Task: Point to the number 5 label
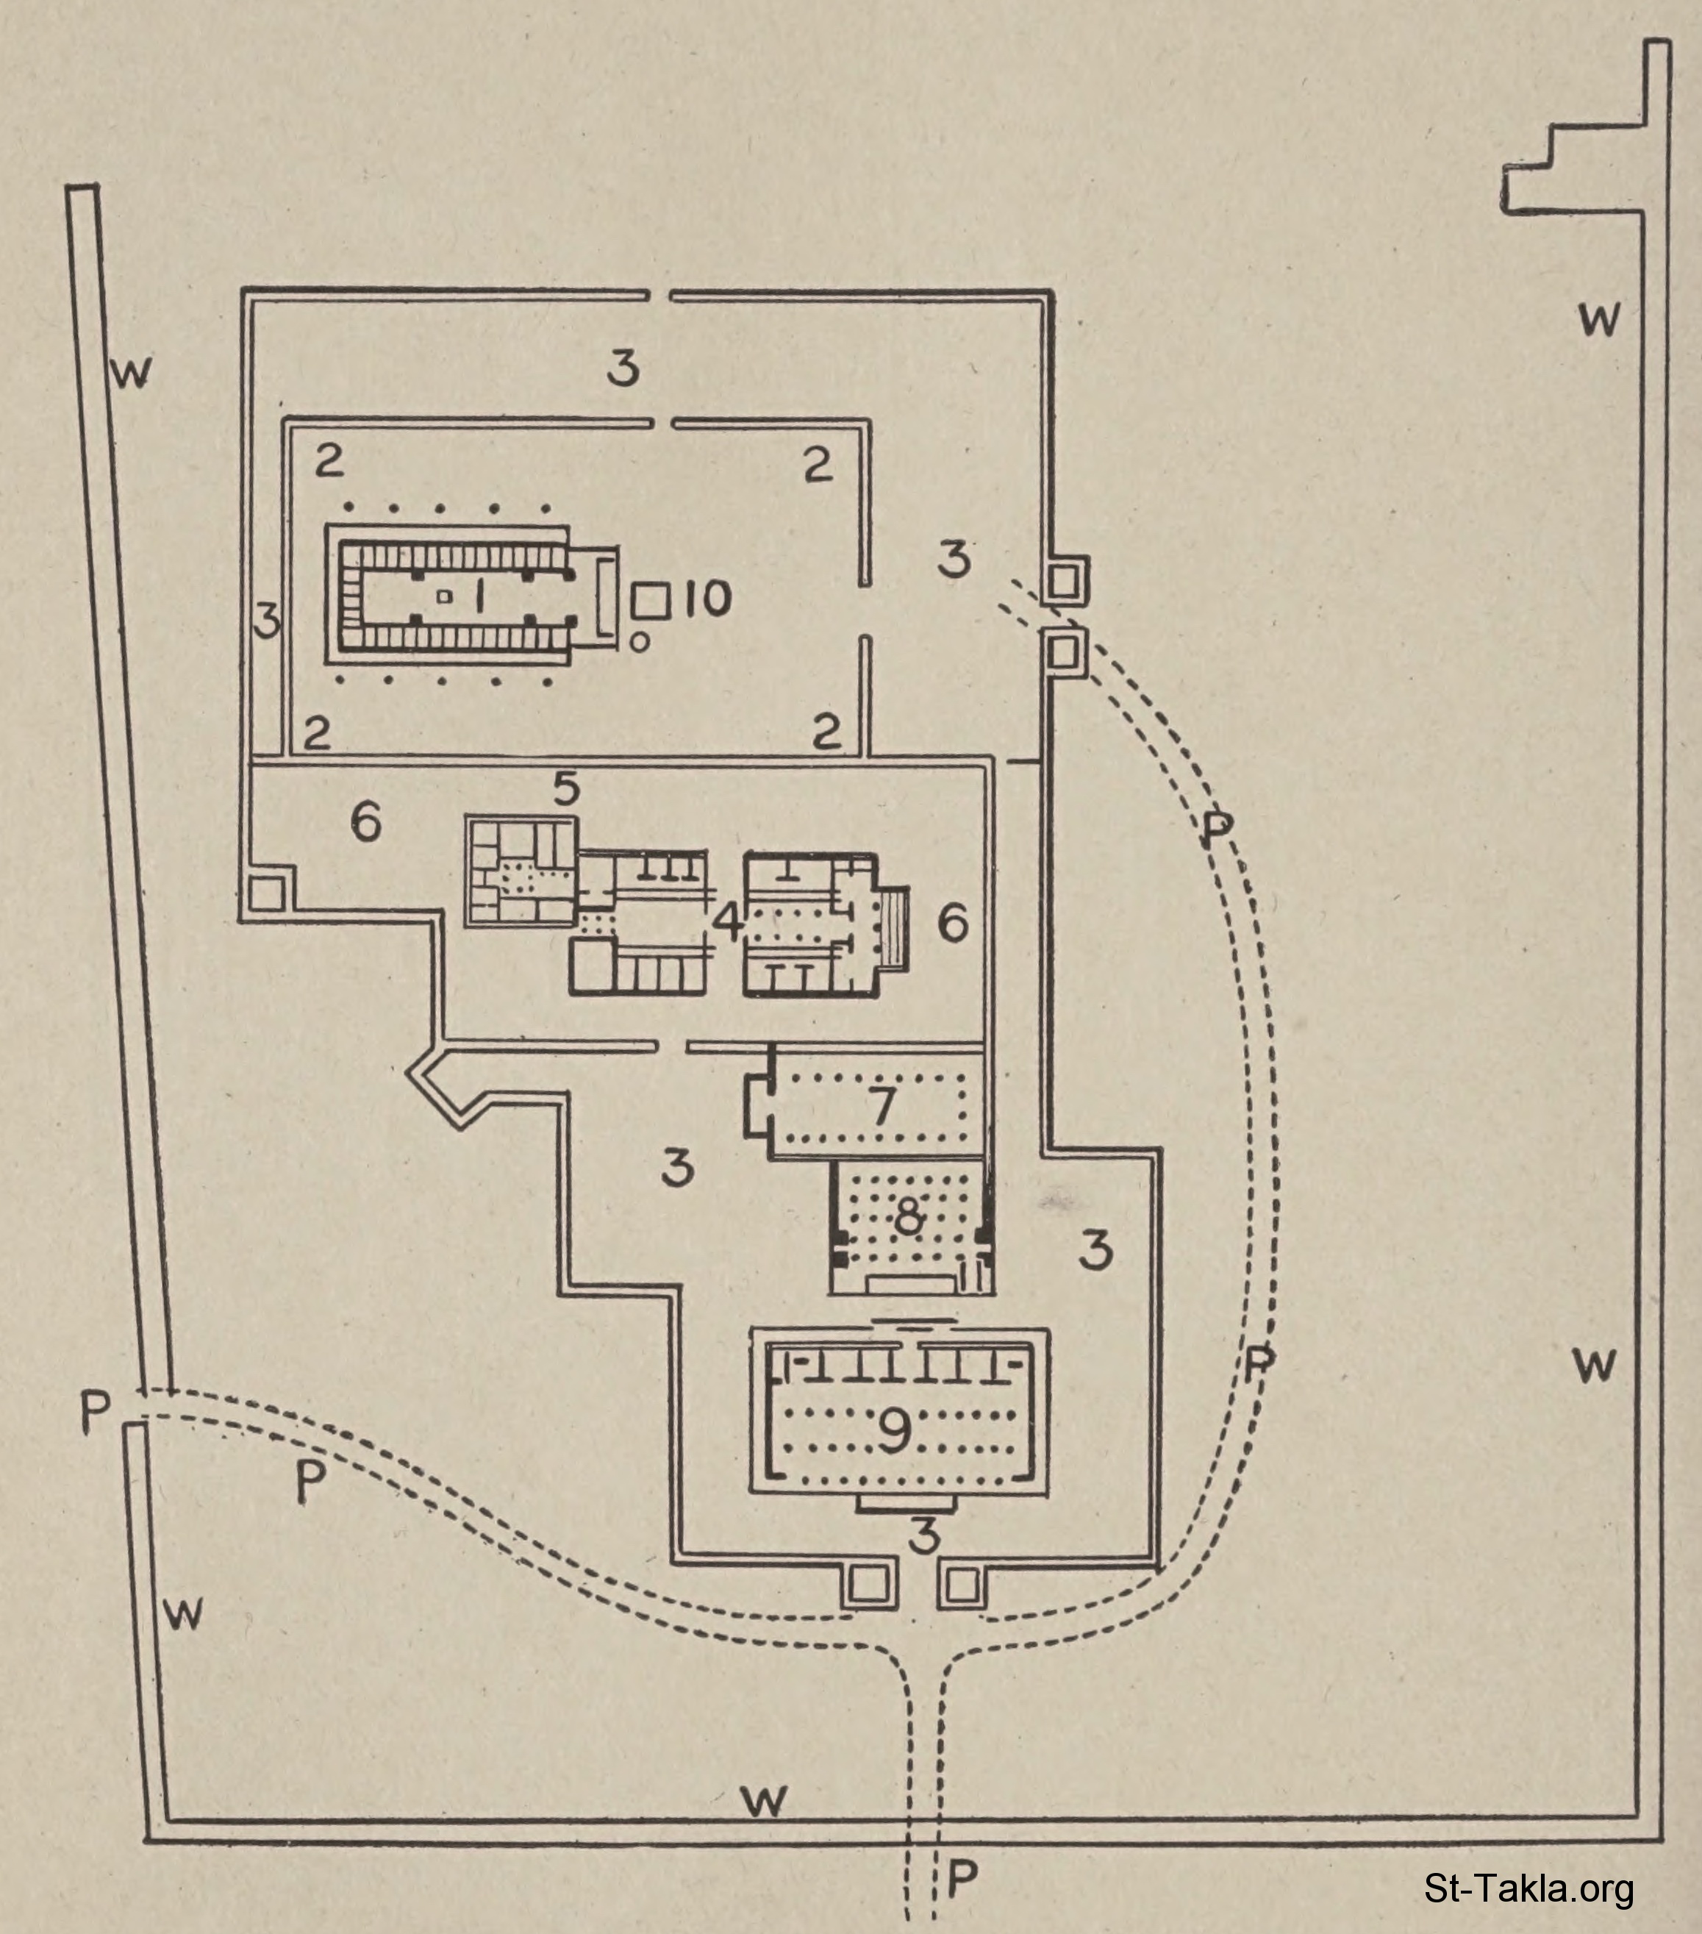(566, 788)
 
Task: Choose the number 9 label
(894, 1430)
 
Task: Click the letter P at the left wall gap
(96, 1413)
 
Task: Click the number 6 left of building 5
(365, 823)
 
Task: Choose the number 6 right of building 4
(953, 921)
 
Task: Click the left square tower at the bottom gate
(865, 1584)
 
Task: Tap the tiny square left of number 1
(443, 596)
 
